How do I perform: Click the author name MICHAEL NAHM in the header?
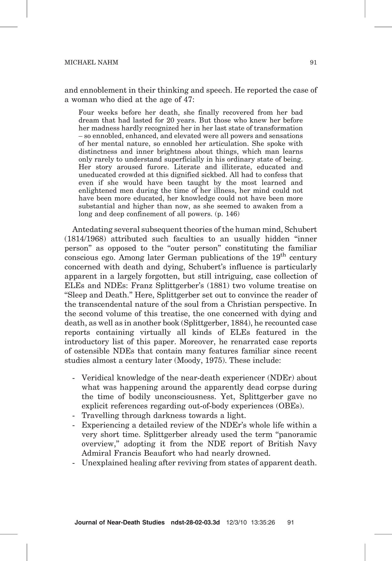coord(91,62)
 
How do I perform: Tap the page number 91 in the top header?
coord(313,62)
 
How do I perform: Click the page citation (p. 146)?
coord(227,214)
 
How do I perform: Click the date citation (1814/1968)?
coord(83,239)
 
